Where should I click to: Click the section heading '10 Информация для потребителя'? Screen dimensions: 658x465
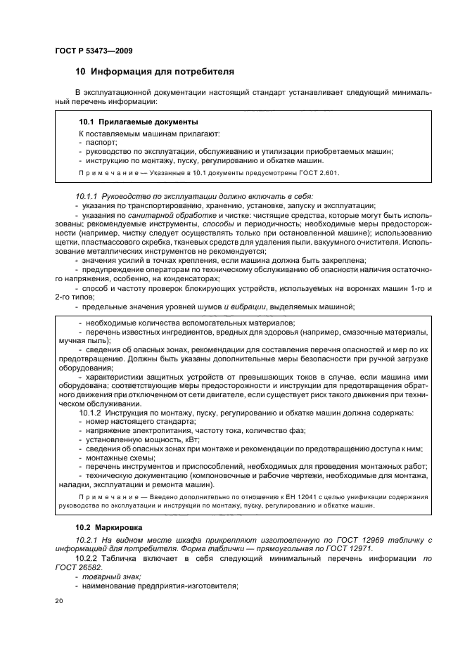(x=155, y=72)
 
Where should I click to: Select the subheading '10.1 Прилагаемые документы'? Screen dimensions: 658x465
(x=138, y=122)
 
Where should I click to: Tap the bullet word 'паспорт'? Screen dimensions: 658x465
(x=101, y=142)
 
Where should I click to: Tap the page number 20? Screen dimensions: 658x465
(x=59, y=601)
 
